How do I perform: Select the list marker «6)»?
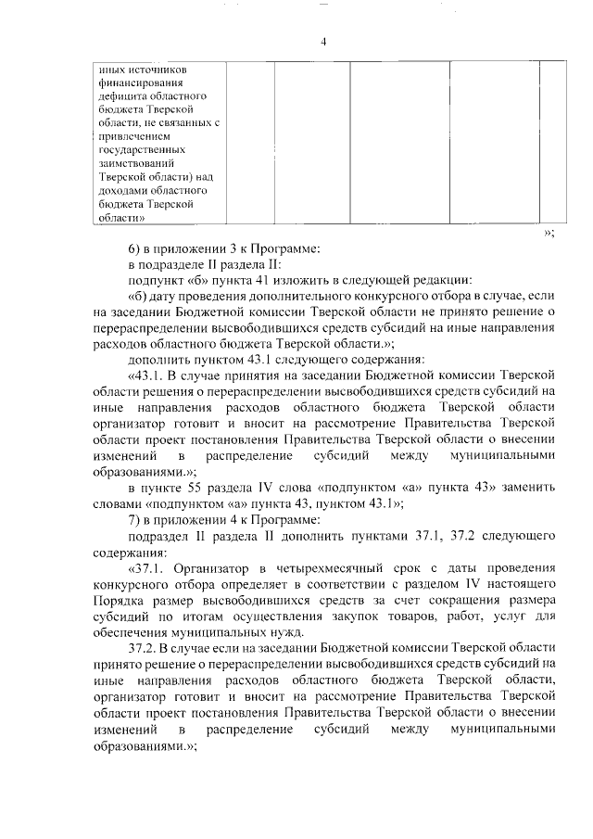coord(134,249)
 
